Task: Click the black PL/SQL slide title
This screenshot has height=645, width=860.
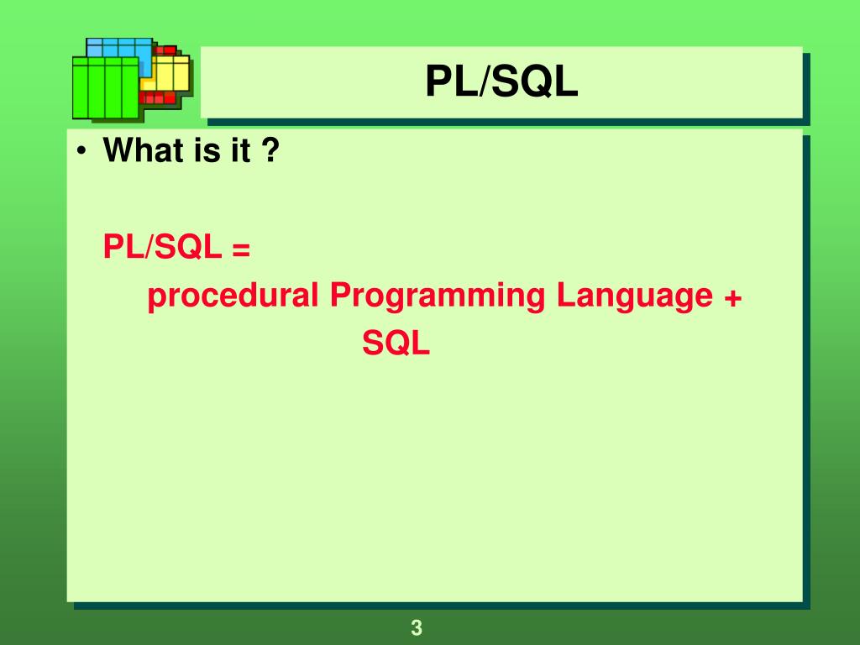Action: tap(501, 82)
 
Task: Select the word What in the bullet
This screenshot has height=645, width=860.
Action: tap(138, 152)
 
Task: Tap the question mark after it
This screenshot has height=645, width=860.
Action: tap(270, 152)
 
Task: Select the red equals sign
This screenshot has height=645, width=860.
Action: tap(242, 249)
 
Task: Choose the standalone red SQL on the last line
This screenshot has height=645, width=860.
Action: tap(396, 343)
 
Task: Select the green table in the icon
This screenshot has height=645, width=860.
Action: tap(106, 91)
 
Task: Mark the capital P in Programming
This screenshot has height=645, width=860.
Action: tap(338, 296)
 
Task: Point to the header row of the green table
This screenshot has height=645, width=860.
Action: tap(106, 61)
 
